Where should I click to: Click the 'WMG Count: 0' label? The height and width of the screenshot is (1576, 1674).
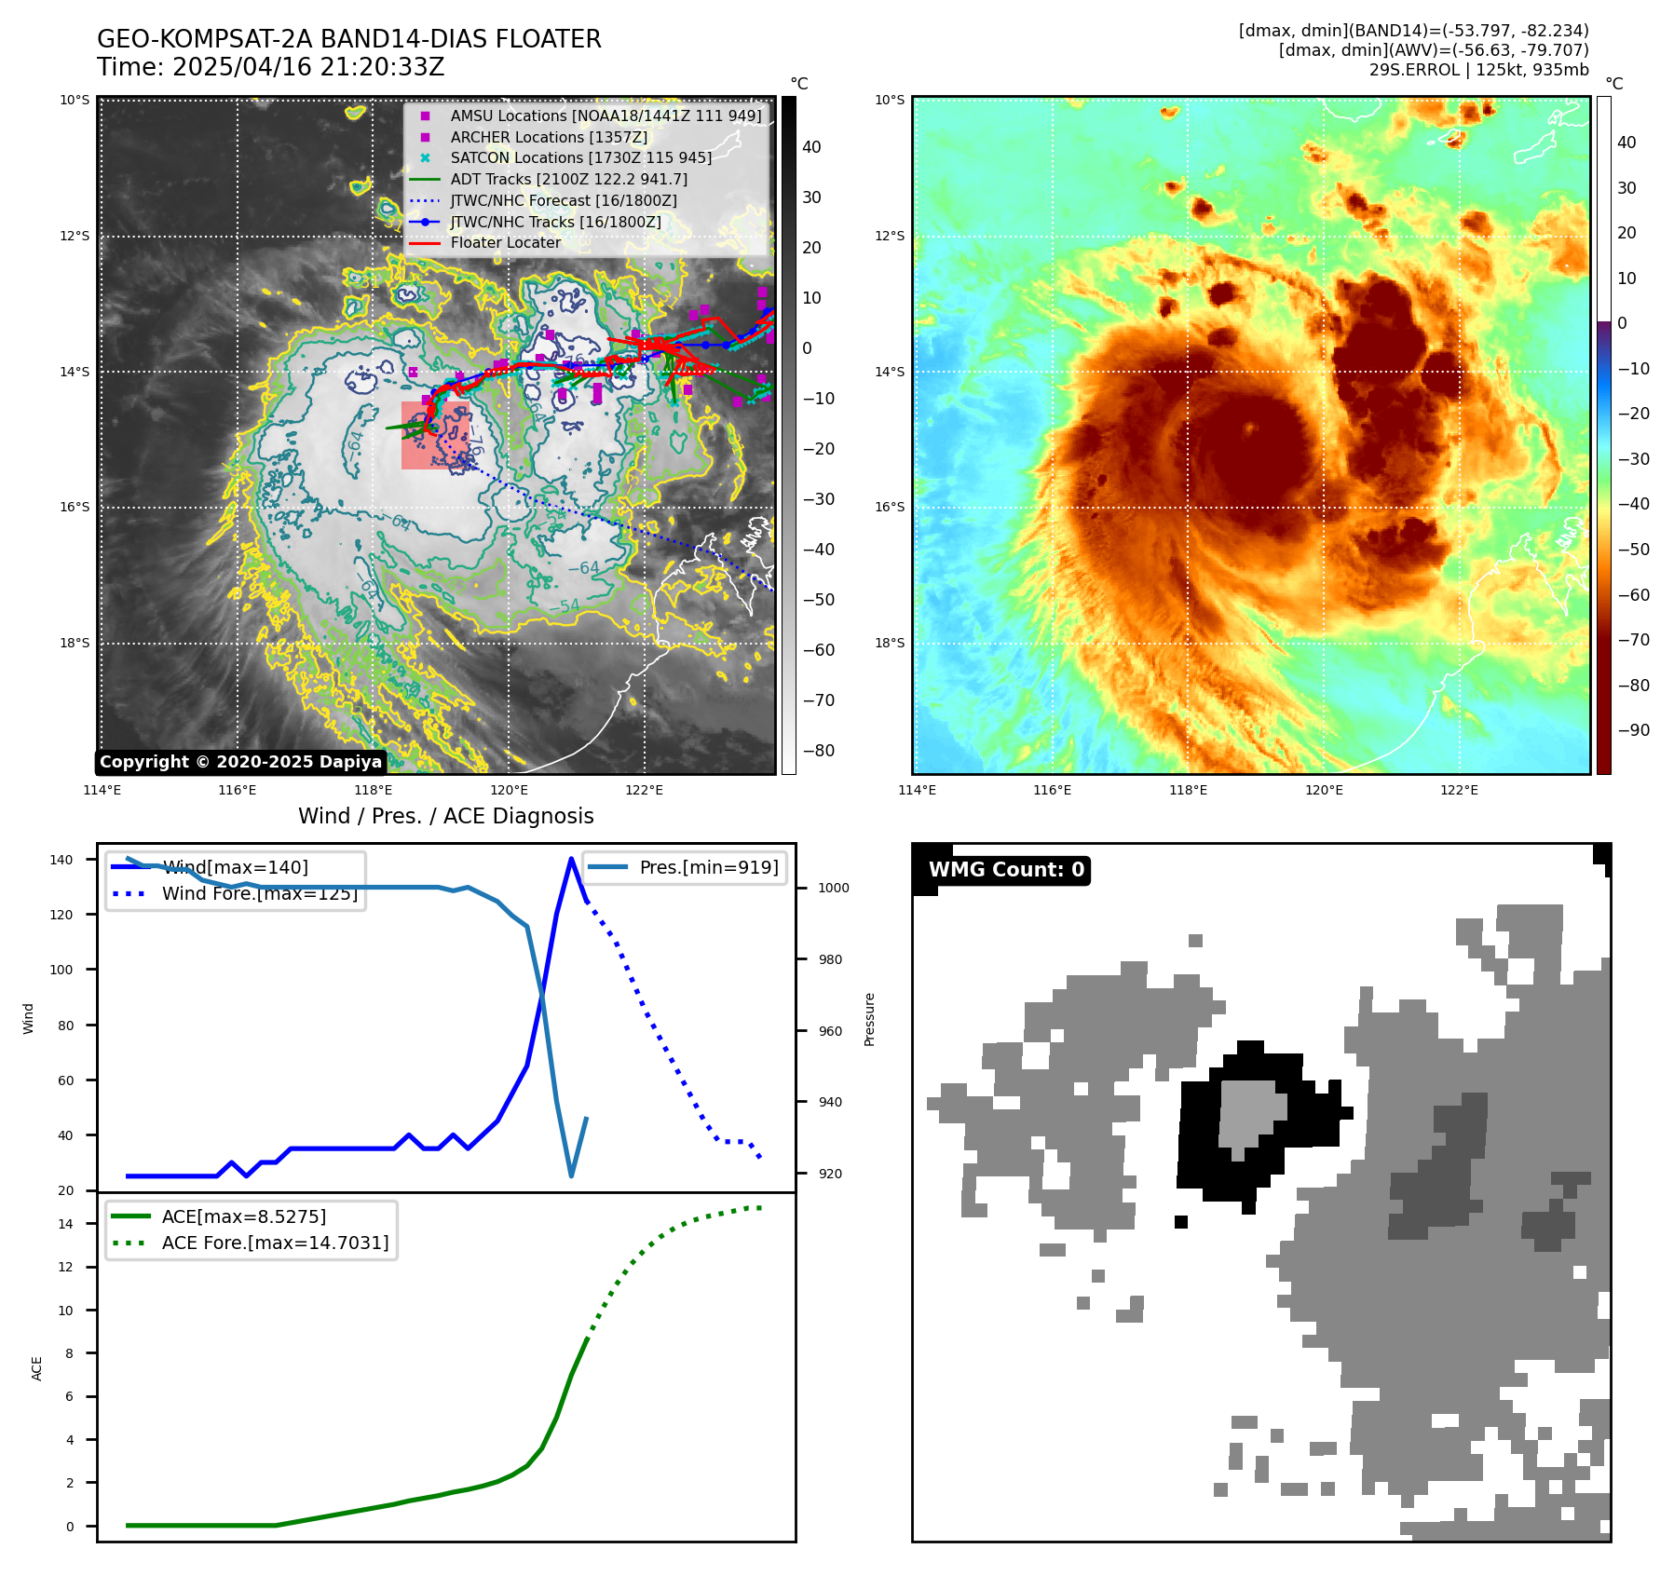(1006, 870)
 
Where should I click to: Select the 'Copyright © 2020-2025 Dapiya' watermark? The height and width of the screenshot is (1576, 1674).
(240, 762)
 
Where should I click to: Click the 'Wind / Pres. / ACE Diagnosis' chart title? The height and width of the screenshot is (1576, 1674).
(445, 816)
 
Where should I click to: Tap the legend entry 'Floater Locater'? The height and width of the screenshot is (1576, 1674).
(505, 243)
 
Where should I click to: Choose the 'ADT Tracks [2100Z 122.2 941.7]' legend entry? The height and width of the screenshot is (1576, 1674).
(568, 179)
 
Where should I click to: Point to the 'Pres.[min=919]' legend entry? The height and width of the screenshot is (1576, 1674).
(708, 867)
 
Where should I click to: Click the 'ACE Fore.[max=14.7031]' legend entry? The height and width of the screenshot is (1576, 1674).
(275, 1243)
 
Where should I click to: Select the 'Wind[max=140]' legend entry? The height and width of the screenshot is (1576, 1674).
(235, 867)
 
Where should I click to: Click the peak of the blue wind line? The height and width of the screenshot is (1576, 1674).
(571, 859)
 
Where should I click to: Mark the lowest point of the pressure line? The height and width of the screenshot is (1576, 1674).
(571, 1175)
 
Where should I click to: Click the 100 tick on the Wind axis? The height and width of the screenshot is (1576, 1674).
(61, 970)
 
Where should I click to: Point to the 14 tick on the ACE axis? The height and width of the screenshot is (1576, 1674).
(65, 1224)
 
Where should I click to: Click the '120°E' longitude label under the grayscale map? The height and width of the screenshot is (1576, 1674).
(509, 791)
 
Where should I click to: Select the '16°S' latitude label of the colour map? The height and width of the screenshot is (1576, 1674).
(889, 508)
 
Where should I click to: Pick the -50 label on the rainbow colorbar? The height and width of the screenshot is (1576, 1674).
(1633, 550)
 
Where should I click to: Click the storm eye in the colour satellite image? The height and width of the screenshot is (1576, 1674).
(1249, 429)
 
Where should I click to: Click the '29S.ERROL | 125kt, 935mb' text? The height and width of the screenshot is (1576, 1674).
(1478, 70)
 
